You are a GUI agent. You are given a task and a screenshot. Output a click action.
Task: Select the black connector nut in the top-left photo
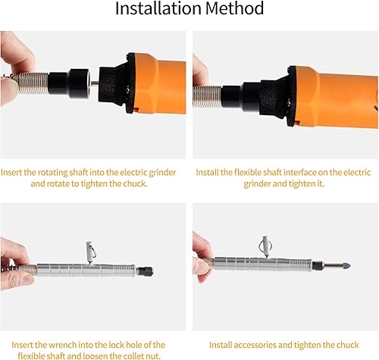(x=75, y=79)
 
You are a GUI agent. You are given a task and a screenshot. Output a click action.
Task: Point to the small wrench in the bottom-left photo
(x=89, y=251)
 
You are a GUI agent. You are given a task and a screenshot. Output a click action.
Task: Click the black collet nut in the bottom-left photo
(x=145, y=271)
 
